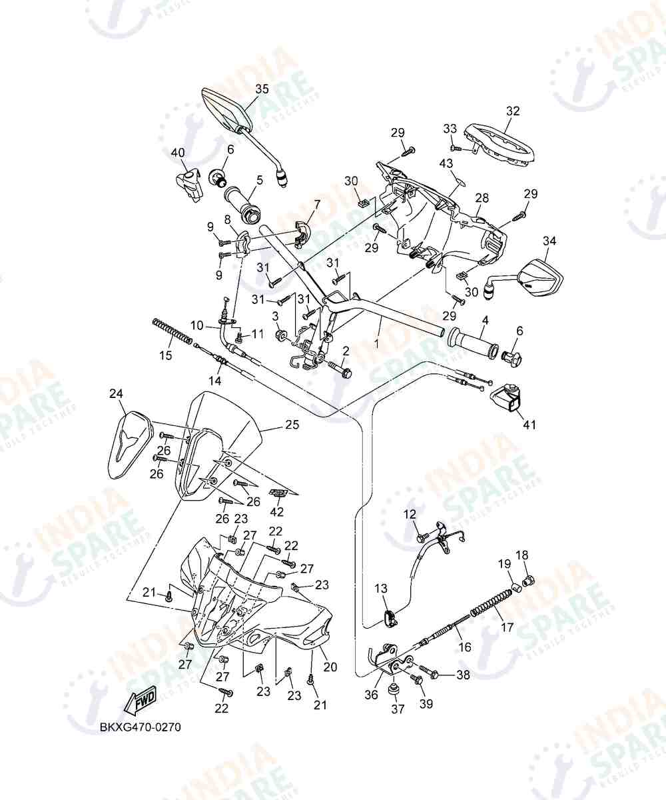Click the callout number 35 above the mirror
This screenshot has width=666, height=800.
coord(262,89)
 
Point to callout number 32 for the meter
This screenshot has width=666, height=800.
coord(513,111)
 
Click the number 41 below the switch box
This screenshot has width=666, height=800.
coord(529,425)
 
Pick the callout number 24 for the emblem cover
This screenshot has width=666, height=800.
coord(117,393)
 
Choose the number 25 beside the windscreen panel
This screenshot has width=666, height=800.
coord(292,425)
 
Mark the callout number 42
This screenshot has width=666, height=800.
coord(277,512)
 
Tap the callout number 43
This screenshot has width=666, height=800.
coord(446,163)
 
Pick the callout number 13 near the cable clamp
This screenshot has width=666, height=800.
coord(381,588)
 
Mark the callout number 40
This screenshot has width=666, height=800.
coord(178,153)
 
